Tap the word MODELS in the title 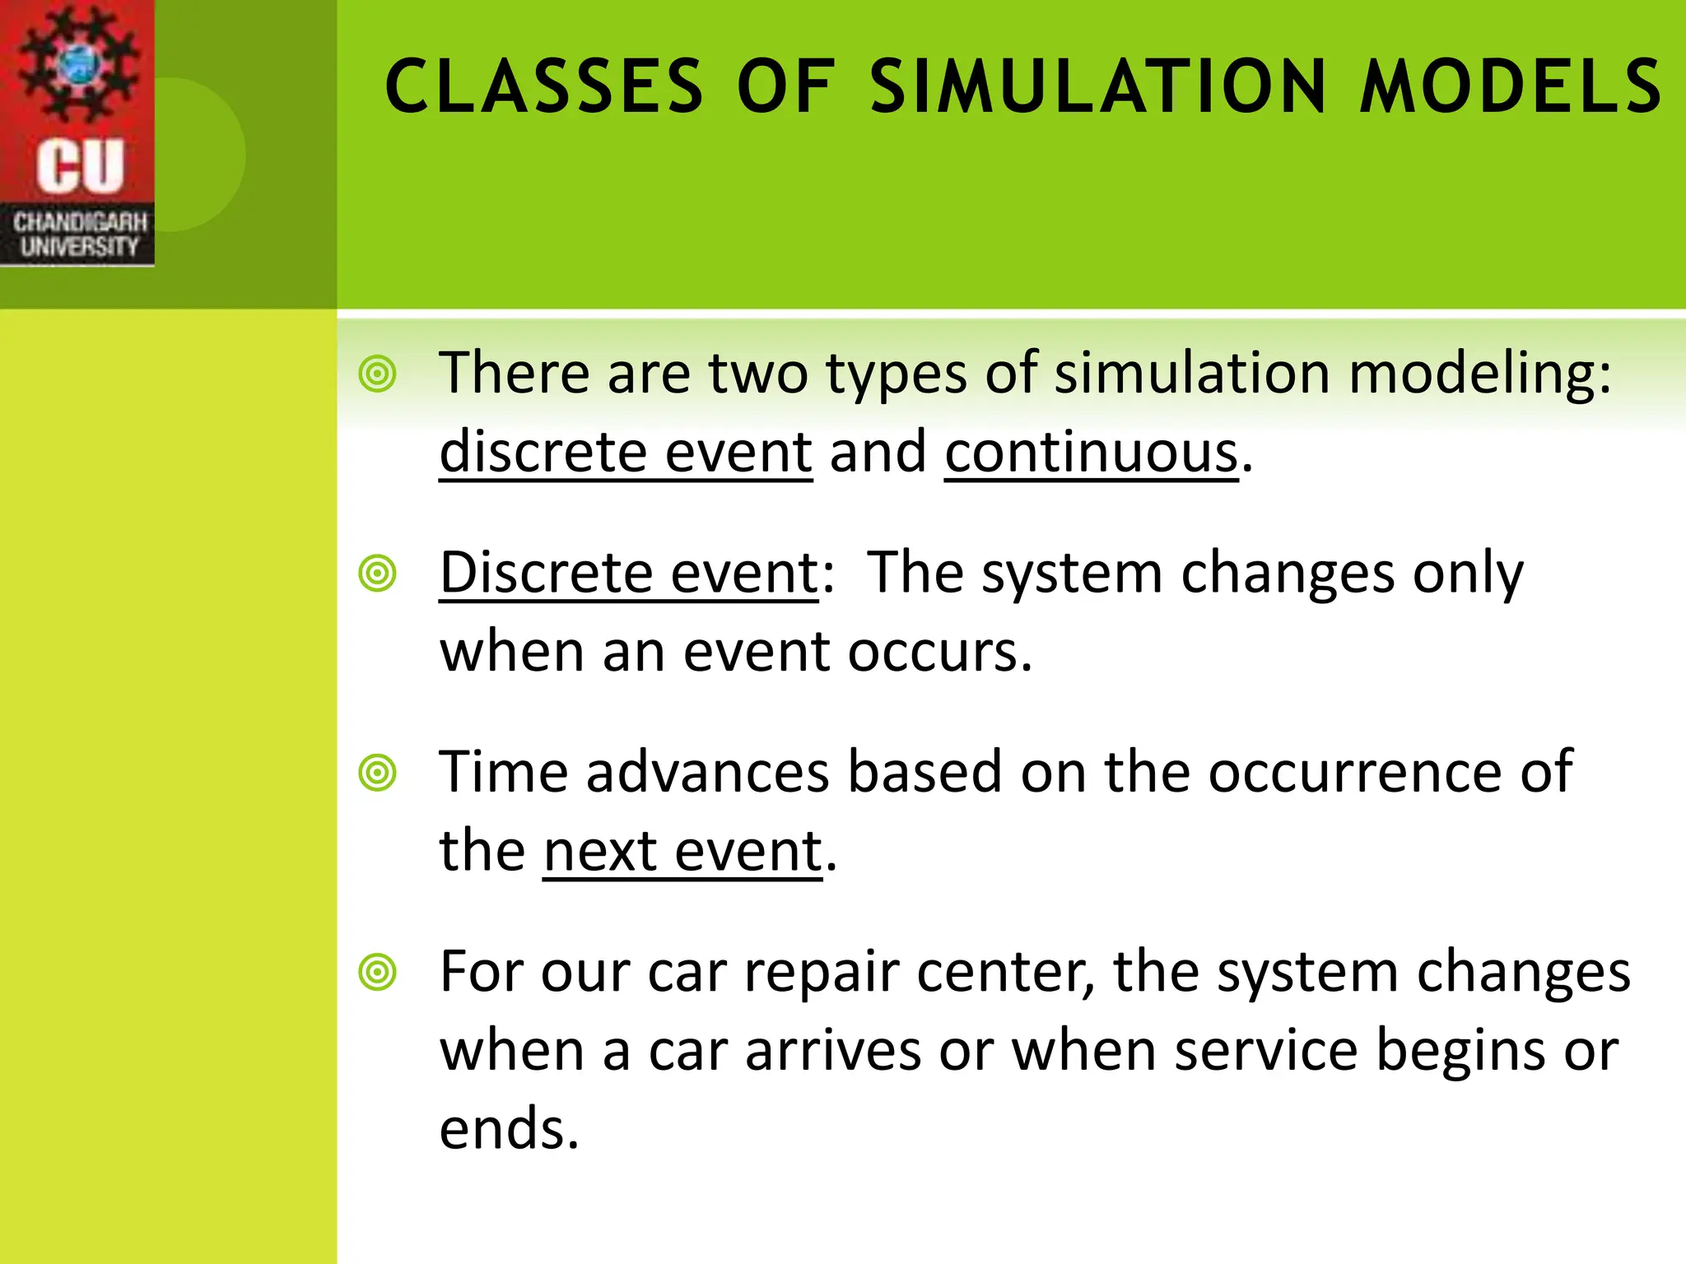pos(1511,86)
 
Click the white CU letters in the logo pos(80,165)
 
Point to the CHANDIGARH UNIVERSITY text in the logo pos(80,235)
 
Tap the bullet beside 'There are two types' pos(378,374)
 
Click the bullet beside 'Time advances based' pos(378,773)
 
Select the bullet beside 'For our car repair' pos(378,973)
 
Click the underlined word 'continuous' pos(1091,453)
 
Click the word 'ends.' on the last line pos(510,1129)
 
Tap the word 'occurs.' pos(940,652)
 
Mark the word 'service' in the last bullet pos(1265,1051)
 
